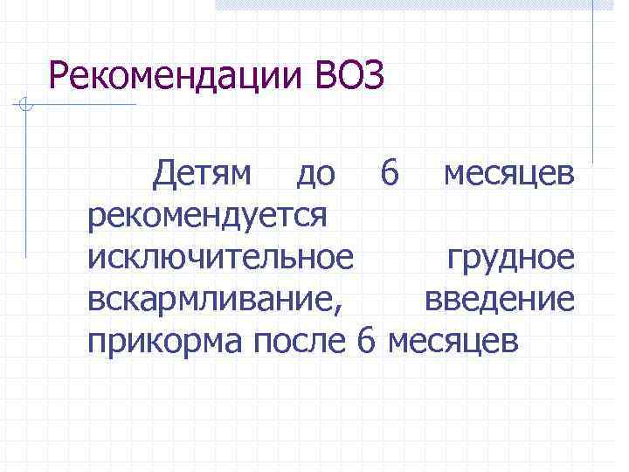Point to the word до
pyautogui.click(x=315, y=174)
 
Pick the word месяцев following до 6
pyautogui.click(x=508, y=174)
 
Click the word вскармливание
pyautogui.click(x=213, y=299)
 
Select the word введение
pyautogui.click(x=500, y=299)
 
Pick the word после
pyautogui.click(x=301, y=340)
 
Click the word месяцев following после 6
pyautogui.click(x=452, y=340)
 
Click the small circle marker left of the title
pyautogui.click(x=26, y=107)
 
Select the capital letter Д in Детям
pyautogui.click(x=163, y=174)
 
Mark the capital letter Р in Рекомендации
pyautogui.click(x=59, y=77)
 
